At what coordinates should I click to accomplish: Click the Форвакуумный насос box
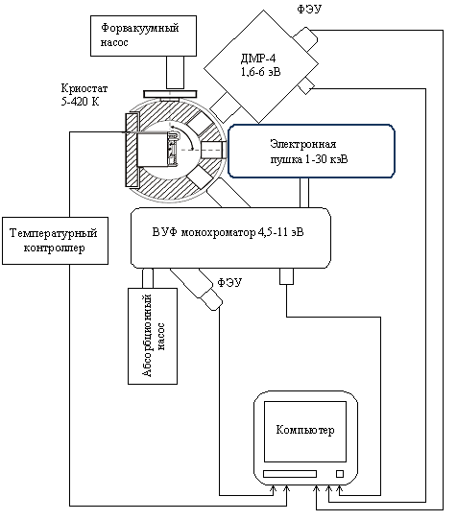click(143, 35)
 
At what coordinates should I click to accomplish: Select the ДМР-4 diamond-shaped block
click(261, 66)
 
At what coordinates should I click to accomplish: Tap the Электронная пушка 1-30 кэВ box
click(311, 152)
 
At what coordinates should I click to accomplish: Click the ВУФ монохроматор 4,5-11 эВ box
click(230, 238)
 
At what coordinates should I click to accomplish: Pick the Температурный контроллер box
click(55, 241)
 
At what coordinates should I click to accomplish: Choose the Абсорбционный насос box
click(153, 336)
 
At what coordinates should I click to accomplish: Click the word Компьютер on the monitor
click(305, 430)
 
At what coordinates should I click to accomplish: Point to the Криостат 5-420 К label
click(84, 95)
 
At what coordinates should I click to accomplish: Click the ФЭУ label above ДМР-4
click(309, 9)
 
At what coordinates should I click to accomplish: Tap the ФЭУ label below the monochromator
click(229, 282)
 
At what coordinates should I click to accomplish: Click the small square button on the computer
click(340, 474)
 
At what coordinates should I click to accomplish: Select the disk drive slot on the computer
click(290, 474)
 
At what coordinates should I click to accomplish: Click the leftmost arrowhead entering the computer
click(274, 489)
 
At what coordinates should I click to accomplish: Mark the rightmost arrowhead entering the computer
click(340, 489)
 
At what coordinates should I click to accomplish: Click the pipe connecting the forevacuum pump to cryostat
click(175, 72)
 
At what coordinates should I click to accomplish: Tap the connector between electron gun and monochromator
click(304, 193)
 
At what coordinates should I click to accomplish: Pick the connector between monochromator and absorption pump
click(148, 278)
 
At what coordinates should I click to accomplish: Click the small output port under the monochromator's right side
click(286, 276)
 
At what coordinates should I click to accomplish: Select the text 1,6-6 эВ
click(261, 72)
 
